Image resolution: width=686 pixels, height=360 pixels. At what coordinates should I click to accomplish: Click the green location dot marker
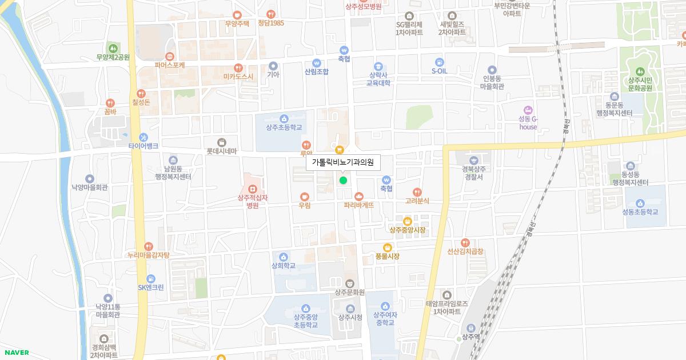(x=343, y=181)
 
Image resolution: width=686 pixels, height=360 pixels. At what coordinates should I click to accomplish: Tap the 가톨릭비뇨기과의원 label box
(x=343, y=162)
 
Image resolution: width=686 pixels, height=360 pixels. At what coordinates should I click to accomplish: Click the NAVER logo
(x=15, y=353)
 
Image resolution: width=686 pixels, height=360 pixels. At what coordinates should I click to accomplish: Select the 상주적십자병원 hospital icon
(x=252, y=189)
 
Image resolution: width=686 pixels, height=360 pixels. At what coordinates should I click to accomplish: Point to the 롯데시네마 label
(x=221, y=151)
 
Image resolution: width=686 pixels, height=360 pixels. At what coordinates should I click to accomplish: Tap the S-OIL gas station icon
(x=439, y=62)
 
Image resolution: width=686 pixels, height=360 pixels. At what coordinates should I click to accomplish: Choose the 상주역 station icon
(x=470, y=328)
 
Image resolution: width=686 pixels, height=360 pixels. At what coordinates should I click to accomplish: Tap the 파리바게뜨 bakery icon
(x=358, y=196)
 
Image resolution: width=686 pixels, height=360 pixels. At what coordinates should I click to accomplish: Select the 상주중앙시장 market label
(x=407, y=230)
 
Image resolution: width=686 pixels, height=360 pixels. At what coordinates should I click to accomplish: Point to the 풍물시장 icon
(x=387, y=247)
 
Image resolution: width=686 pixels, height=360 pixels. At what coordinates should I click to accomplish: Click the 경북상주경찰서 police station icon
(x=473, y=160)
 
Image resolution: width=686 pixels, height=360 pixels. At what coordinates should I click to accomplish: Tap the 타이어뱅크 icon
(x=143, y=137)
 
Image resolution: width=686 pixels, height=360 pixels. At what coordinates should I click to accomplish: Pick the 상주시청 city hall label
(x=350, y=318)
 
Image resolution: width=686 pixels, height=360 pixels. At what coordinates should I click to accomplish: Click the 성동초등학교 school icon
(x=640, y=202)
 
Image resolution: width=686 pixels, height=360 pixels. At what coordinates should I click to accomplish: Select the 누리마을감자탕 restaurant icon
(x=149, y=246)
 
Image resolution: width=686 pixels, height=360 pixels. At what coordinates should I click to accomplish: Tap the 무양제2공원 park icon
(x=113, y=48)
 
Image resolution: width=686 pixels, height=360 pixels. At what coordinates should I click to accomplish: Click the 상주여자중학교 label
(x=384, y=318)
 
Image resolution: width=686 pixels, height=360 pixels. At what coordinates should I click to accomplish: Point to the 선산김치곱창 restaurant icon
(x=465, y=242)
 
